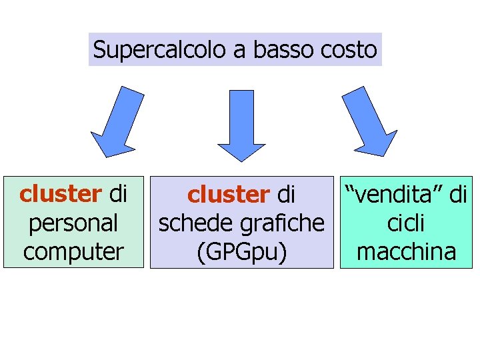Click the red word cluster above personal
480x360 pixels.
(60, 193)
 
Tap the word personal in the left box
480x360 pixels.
(73, 222)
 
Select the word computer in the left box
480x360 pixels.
(73, 251)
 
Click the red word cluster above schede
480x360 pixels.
(228, 194)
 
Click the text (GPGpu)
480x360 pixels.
(241, 252)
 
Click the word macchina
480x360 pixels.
(406, 251)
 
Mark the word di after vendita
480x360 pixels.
(457, 194)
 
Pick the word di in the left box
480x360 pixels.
(117, 193)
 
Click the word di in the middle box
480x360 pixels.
(285, 194)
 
